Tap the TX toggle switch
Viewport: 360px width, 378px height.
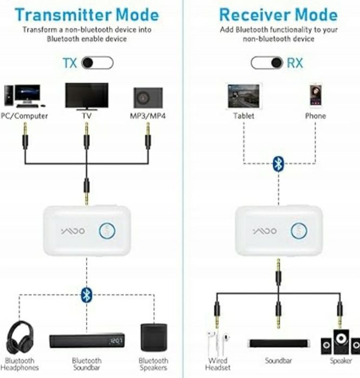coord(97,63)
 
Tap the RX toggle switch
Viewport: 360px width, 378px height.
coord(266,63)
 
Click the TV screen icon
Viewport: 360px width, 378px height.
coord(86,96)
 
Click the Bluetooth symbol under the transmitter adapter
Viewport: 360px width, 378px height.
coord(86,294)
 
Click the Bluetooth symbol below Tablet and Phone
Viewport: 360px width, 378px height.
coord(278,164)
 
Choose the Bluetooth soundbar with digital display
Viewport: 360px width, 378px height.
coord(86,341)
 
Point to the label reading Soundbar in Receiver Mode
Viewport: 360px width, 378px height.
coord(278,360)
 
